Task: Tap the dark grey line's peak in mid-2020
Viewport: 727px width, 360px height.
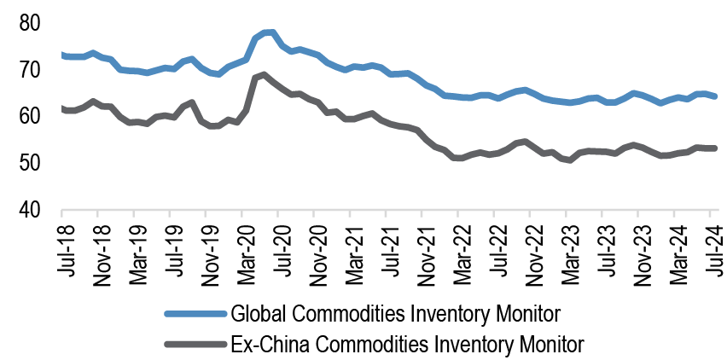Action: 263,74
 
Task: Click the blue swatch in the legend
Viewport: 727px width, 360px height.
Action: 192,313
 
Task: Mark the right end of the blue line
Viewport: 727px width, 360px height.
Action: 715,96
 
